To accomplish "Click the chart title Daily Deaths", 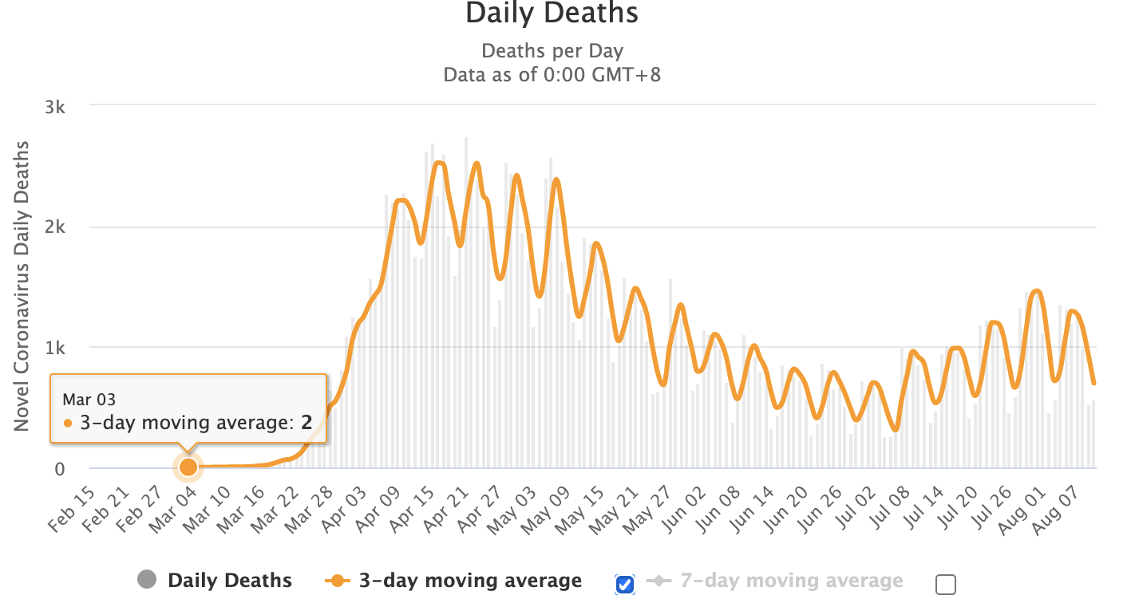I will (x=552, y=14).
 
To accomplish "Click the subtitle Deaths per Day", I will (x=552, y=52).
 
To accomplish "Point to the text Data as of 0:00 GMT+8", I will (x=552, y=75).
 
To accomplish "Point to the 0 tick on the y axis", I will (x=59, y=469).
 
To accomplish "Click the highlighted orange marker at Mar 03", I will (x=188, y=467).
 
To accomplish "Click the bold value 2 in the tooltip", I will (x=306, y=423).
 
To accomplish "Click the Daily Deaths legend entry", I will (x=228, y=581).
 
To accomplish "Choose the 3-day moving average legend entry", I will (x=469, y=581).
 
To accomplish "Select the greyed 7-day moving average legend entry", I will (x=790, y=581).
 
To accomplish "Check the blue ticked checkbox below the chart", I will (x=625, y=585).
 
